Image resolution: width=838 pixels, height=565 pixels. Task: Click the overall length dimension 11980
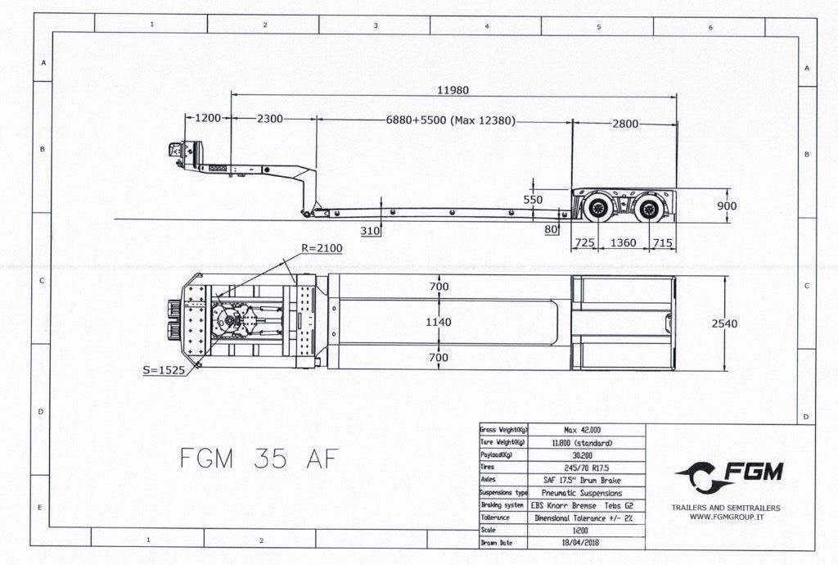pyautogui.click(x=453, y=90)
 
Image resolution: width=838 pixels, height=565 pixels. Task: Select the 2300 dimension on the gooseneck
pyautogui.click(x=270, y=119)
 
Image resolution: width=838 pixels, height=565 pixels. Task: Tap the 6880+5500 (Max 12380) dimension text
pyautogui.click(x=451, y=120)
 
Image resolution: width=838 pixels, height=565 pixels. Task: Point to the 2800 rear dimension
pyautogui.click(x=624, y=124)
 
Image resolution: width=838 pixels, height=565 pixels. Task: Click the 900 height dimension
pyautogui.click(x=727, y=206)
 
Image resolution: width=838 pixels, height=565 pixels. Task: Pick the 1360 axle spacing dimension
pyautogui.click(x=623, y=242)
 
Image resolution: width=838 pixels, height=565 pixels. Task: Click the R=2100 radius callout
pyautogui.click(x=322, y=248)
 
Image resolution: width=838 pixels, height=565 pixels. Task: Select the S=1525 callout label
pyautogui.click(x=164, y=370)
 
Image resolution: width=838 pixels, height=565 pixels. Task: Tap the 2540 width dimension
pyautogui.click(x=724, y=323)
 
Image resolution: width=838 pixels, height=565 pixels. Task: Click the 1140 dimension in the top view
pyautogui.click(x=439, y=322)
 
